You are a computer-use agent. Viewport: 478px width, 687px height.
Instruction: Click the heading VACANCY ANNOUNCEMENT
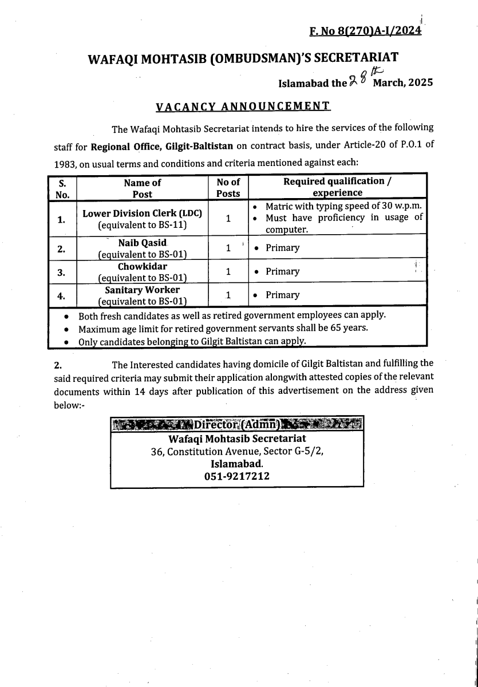pos(243,106)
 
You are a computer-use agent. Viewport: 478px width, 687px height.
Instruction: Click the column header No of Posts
pos(228,188)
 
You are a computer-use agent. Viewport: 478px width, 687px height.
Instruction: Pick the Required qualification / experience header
pos(338,188)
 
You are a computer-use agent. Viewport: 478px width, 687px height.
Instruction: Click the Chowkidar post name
pos(143,266)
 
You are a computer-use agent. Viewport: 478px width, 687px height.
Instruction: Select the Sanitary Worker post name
pos(143,290)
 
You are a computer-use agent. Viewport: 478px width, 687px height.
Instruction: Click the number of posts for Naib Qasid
pos(228,248)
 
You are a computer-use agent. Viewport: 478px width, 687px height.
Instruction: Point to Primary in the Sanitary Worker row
pos(282,295)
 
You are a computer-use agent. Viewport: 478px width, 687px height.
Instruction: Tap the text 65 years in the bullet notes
pos(349,328)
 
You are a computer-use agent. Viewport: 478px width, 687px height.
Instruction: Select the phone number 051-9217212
pos(237,476)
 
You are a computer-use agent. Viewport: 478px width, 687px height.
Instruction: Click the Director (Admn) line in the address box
pos(237,424)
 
